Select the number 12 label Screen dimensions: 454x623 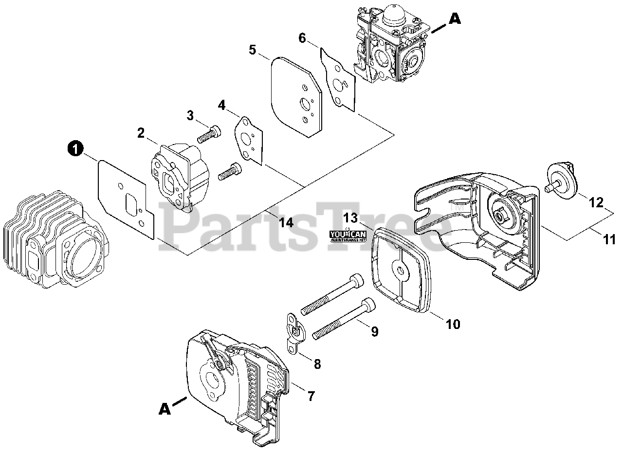click(x=597, y=202)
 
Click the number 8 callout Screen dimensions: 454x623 click(x=317, y=363)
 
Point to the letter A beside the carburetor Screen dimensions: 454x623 click(x=454, y=19)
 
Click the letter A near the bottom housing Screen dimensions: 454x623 click(x=165, y=410)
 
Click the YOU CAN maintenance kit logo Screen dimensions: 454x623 click(x=348, y=236)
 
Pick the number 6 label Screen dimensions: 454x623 click(x=302, y=38)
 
